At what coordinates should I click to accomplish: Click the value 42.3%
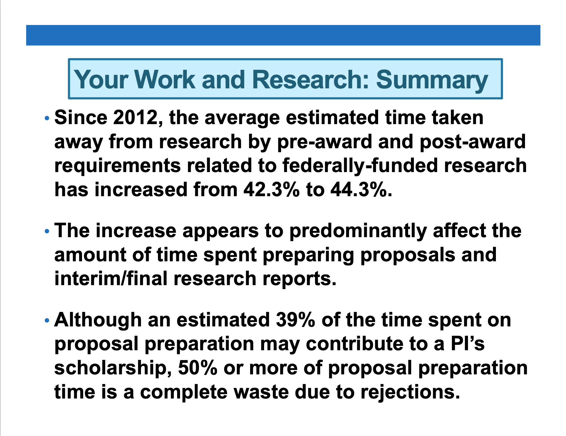coord(271,190)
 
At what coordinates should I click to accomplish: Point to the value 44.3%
coord(361,190)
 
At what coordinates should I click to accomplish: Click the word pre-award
coord(325,142)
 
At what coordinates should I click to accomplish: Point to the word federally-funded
coord(360,166)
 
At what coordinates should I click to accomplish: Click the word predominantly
coord(359,231)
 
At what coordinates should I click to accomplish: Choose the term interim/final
coord(111,278)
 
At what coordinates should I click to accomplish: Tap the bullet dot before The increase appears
coord(47,232)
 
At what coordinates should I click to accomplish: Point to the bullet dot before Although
coord(47,321)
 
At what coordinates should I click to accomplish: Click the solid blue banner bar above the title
coord(283,35)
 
